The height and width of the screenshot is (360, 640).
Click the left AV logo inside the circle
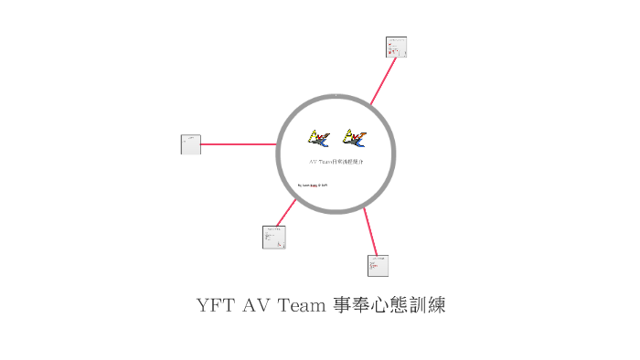point(319,138)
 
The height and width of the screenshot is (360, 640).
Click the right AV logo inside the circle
point(354,138)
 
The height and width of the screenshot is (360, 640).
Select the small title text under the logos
point(336,161)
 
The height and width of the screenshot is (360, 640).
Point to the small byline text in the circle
point(313,185)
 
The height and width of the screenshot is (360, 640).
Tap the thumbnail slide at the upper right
point(396,47)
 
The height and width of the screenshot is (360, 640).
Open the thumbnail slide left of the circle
point(191,144)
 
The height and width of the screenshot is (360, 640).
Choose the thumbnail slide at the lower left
point(274,237)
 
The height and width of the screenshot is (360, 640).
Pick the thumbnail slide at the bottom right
point(378,265)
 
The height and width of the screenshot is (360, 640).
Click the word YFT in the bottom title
point(215,305)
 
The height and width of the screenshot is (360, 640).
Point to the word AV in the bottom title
point(257,305)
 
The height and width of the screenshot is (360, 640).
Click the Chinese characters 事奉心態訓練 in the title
point(389,305)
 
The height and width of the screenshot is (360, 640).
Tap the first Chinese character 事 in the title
point(340,305)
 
